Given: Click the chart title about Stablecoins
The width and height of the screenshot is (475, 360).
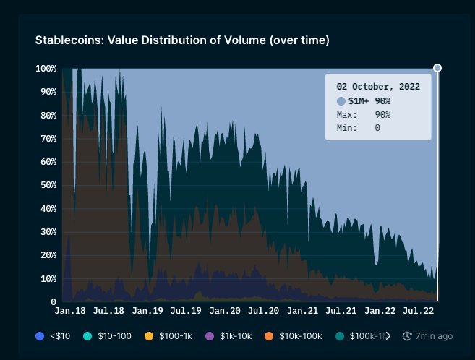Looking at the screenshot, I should coord(182,40).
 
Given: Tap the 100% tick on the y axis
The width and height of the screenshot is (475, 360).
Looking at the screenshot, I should coord(46,69).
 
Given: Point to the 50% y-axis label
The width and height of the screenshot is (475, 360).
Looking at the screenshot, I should coord(48,185).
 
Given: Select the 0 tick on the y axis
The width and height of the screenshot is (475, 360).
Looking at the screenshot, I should coord(54,301).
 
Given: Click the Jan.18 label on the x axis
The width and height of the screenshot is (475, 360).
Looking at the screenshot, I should coord(69,310).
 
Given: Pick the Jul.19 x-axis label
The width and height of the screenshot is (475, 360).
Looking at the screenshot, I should coord(186,310).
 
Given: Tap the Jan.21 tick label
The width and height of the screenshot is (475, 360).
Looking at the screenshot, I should coord(303,310).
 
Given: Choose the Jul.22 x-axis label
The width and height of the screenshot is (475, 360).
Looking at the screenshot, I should coord(418,310).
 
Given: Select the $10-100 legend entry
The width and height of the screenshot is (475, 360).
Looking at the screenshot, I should coord(108,336).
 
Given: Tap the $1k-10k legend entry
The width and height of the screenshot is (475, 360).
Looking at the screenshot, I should coord(231,336).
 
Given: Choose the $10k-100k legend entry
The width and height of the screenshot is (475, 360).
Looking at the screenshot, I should coord(295,336).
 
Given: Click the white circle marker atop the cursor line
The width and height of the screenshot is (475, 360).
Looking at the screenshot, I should coord(437,68).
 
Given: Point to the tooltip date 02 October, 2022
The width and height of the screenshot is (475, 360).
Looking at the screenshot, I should coord(378,86).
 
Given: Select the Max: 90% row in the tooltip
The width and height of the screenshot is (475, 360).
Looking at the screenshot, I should coord(364,115).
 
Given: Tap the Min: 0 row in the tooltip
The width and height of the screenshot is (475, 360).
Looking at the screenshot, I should coord(359,128).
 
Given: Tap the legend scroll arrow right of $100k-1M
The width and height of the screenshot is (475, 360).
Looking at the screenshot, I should coord(388,336).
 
